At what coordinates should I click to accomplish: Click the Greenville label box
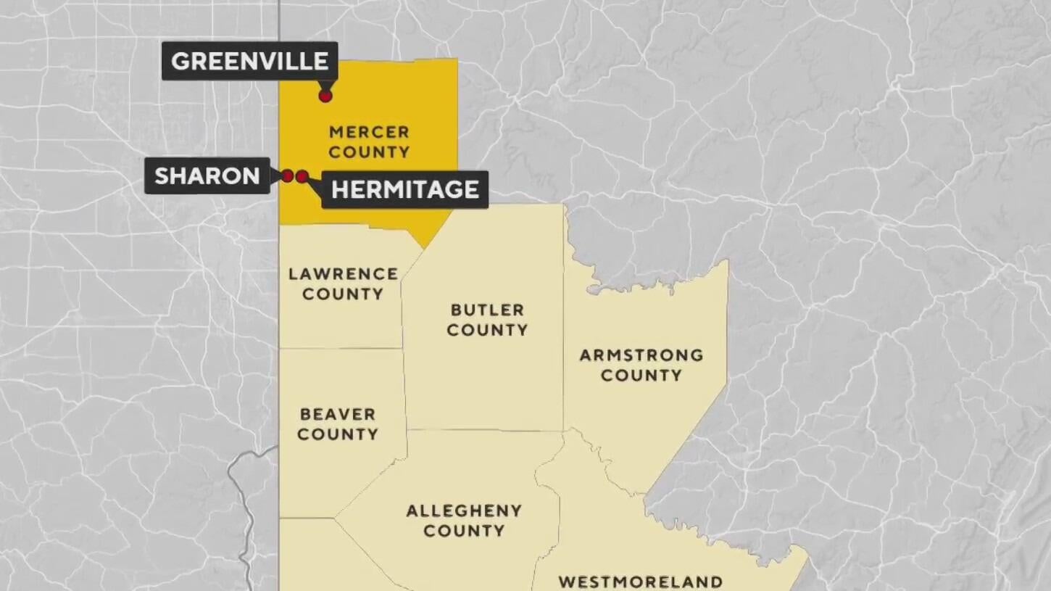tap(249, 61)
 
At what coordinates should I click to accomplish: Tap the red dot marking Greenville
tap(325, 95)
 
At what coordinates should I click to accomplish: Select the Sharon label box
tap(207, 175)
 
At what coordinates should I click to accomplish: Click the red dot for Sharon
tap(287, 175)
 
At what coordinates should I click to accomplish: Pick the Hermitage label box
tap(404, 189)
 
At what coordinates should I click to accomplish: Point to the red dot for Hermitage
tap(302, 175)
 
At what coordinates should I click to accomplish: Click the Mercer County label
tap(369, 142)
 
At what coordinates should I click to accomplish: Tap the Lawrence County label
tap(343, 284)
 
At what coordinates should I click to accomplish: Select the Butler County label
tap(487, 320)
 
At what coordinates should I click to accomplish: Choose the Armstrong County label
tap(641, 365)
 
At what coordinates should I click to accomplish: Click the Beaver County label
tap(338, 424)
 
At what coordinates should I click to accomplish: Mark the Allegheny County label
tap(464, 521)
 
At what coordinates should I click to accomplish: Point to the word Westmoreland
tap(641, 582)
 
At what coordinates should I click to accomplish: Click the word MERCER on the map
tap(369, 132)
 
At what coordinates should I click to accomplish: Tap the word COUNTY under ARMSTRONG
tap(641, 376)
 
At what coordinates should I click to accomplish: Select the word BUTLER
tap(487, 310)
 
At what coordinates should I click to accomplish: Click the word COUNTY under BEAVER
tap(338, 434)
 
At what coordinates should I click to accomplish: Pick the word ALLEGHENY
tap(464, 511)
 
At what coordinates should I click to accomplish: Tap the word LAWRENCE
tap(343, 273)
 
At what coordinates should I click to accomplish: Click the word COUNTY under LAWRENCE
tap(343, 294)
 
